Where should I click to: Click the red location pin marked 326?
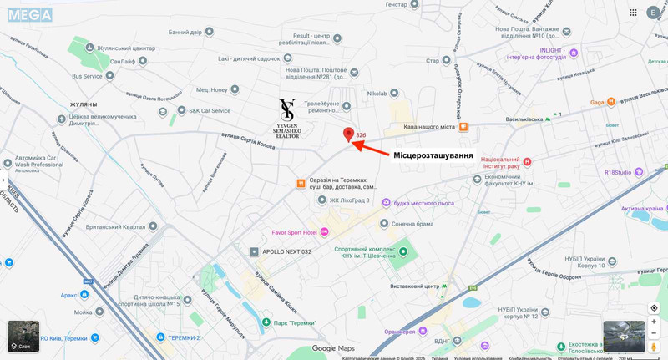coord(349,134)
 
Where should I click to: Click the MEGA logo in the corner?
coord(30,14)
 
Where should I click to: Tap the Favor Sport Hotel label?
coord(294,232)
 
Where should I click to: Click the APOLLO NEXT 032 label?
coord(286,251)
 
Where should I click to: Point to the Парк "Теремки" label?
coord(295,323)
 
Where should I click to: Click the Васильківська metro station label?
coord(524,119)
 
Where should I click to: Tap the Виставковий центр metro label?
coord(415,286)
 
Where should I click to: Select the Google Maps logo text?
coord(333,348)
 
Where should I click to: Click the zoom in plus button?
coord(654,322)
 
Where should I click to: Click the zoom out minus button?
coord(654,334)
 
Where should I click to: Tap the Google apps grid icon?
coord(633,13)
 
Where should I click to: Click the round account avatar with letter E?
coord(653,13)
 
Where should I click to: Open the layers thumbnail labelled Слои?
coord(23,336)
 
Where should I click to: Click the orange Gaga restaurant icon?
coord(611,102)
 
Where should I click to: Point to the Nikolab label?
coord(377,94)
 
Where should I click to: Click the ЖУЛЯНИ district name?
coord(83,104)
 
